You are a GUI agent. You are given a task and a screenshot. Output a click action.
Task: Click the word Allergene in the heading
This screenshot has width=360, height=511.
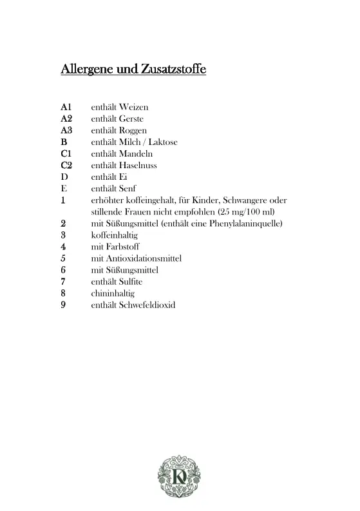tap(87, 68)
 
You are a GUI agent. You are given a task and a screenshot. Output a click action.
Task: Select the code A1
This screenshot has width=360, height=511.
tap(66, 107)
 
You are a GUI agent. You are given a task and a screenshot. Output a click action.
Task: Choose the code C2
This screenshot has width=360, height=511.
tap(66, 165)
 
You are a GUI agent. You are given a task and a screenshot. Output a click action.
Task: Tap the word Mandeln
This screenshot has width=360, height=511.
tap(136, 153)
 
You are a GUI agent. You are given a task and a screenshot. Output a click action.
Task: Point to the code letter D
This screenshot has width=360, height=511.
tap(64, 177)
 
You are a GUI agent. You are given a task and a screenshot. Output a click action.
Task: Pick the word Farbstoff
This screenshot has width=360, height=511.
tap(125, 246)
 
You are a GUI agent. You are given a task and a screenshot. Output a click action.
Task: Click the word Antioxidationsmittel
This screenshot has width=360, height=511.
tap(145, 258)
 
